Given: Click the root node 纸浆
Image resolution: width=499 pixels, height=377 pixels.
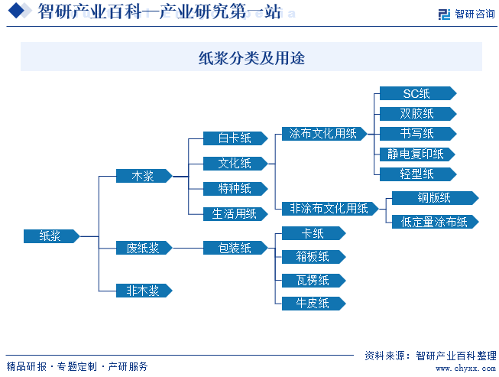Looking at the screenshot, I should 50,236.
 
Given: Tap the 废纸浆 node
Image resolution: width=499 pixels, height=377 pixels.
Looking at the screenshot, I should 143,248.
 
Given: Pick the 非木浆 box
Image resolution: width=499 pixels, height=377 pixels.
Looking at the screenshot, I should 143,291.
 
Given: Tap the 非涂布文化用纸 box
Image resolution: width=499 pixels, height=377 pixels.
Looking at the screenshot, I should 329,208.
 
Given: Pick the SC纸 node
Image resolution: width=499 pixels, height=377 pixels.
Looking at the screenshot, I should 416,93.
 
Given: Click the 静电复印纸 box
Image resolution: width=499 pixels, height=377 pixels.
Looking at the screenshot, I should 416,154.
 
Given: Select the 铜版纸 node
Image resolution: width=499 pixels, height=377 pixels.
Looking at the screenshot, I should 434,198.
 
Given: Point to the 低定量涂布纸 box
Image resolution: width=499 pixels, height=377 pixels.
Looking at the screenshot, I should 434,222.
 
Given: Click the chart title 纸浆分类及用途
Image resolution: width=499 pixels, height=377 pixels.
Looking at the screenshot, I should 251,57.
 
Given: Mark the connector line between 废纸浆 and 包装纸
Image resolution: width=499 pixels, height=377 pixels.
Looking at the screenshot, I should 187,248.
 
